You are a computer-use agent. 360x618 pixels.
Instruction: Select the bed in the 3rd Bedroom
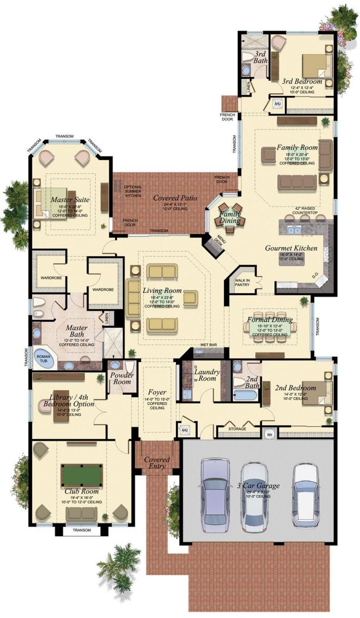point(317,66)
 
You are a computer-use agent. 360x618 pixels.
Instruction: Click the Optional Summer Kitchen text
point(133,191)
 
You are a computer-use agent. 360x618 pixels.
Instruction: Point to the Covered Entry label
point(157,463)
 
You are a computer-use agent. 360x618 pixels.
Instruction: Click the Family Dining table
point(230,215)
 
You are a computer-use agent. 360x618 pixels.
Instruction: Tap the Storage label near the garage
point(237,429)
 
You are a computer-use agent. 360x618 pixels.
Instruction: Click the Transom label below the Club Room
point(82,530)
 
